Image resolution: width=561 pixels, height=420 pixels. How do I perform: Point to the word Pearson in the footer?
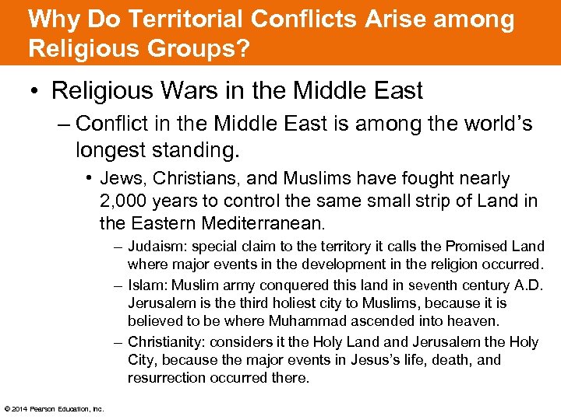[43, 409]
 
